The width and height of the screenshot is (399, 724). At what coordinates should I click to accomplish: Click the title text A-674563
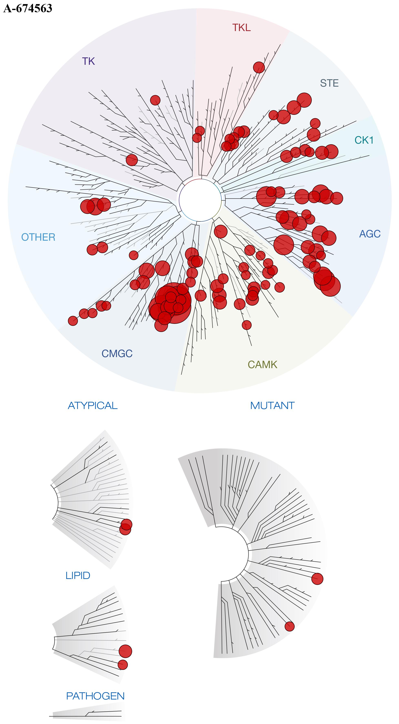(28, 8)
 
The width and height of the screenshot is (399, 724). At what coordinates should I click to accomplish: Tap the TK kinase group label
(88, 61)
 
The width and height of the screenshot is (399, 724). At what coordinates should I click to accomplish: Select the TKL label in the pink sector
(241, 28)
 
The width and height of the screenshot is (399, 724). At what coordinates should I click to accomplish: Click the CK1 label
(364, 140)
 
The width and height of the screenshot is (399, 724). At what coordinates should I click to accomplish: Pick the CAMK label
(262, 364)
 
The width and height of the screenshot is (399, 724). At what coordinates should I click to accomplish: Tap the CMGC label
(117, 354)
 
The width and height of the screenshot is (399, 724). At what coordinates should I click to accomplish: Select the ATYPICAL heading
(93, 406)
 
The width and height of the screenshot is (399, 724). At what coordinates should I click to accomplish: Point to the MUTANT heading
(272, 406)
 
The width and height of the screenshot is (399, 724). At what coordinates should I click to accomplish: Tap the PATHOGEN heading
(95, 696)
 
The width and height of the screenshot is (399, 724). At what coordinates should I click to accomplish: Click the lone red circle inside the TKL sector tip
(259, 67)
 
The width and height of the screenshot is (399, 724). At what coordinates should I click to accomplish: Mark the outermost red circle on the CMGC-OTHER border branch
(73, 321)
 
